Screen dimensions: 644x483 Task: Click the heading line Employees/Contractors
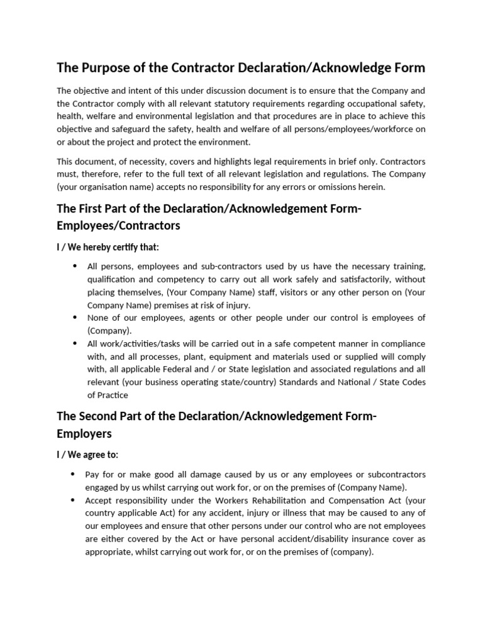(118, 225)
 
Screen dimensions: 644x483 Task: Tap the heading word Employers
(84, 433)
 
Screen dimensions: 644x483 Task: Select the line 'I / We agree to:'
(87, 454)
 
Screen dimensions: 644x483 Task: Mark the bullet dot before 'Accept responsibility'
(75, 500)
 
